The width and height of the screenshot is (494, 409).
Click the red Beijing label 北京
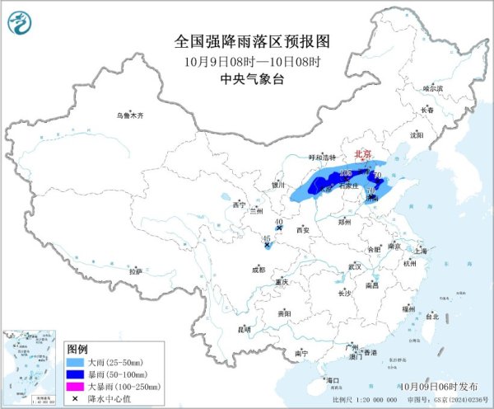[x=362, y=154]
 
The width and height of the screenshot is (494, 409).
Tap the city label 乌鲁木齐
[x=129, y=116]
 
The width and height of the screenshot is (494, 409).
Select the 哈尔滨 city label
[x=432, y=87]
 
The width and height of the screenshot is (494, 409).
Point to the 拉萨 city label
[x=136, y=270]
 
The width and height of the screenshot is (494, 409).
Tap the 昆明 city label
[x=243, y=329]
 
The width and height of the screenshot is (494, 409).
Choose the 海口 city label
[x=333, y=379]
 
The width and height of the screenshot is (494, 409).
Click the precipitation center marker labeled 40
[x=280, y=228]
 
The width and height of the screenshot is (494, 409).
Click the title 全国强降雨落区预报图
[x=247, y=40]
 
